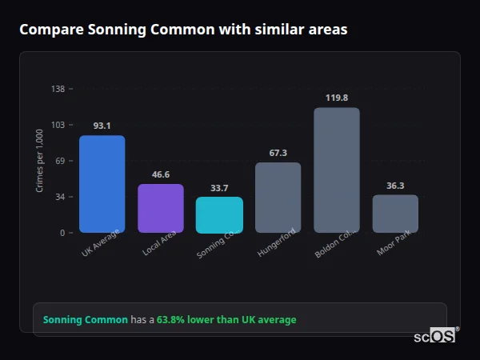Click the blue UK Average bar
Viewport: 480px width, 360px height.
coord(102,184)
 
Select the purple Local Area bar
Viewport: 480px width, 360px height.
coord(160,208)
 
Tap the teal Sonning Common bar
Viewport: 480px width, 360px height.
coord(219,214)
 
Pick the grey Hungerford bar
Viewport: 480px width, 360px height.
coord(278,198)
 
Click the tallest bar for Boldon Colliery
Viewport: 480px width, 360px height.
coord(336,170)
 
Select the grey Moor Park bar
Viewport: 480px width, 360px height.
coord(395,214)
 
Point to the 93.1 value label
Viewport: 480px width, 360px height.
coord(102,126)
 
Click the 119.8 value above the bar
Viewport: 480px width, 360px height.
coord(337,98)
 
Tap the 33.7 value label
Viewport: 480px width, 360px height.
coord(219,188)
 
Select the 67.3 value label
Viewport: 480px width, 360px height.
coord(278,153)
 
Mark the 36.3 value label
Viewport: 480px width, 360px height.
coord(395,186)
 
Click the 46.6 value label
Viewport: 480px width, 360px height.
coord(160,174)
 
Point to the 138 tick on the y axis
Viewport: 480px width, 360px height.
coord(58,89)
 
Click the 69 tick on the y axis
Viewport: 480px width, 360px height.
coord(60,161)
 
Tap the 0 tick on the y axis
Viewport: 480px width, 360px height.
coord(62,233)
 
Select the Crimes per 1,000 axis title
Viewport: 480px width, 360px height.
coord(40,161)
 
